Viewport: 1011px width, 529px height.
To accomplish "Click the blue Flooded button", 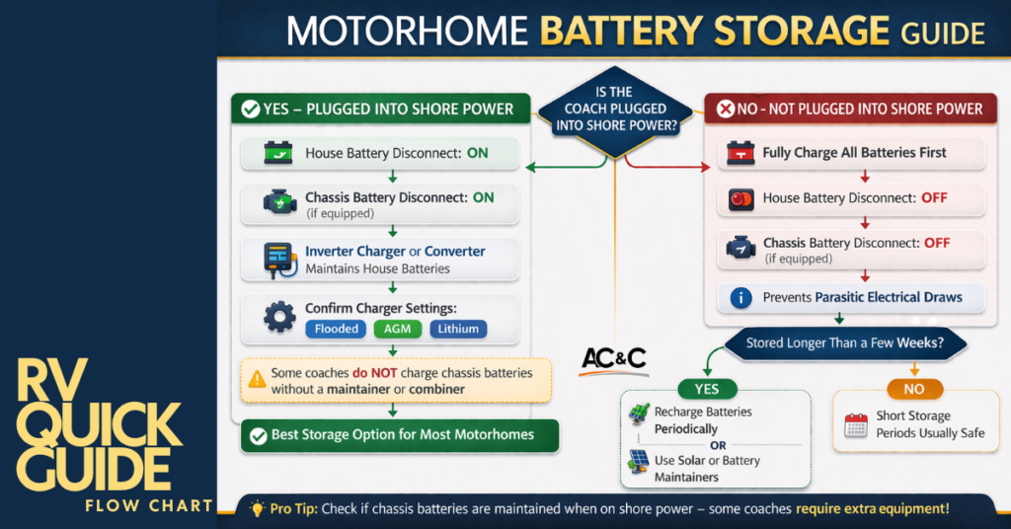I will tap(337, 329).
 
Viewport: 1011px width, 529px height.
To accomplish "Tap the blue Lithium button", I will tap(458, 329).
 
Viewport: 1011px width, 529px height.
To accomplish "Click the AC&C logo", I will tap(613, 357).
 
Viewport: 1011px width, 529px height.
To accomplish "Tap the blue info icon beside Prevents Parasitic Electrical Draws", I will tap(740, 297).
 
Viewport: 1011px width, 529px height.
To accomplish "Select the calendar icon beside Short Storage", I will tap(855, 425).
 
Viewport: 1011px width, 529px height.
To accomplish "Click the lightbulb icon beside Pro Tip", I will tap(258, 509).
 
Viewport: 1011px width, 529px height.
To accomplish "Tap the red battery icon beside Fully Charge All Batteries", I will tap(740, 153).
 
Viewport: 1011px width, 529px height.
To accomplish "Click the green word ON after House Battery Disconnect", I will tap(478, 153).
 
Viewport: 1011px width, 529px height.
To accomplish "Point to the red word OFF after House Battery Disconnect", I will tap(934, 197).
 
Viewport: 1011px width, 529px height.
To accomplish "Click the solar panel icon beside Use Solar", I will tap(638, 460).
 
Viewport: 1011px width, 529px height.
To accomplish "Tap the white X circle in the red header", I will tap(726, 109).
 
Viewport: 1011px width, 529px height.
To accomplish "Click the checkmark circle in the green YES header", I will tap(250, 109).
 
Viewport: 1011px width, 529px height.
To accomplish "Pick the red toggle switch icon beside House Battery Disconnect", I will tap(740, 198).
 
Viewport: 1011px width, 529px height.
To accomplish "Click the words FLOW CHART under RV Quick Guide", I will tap(148, 505).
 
